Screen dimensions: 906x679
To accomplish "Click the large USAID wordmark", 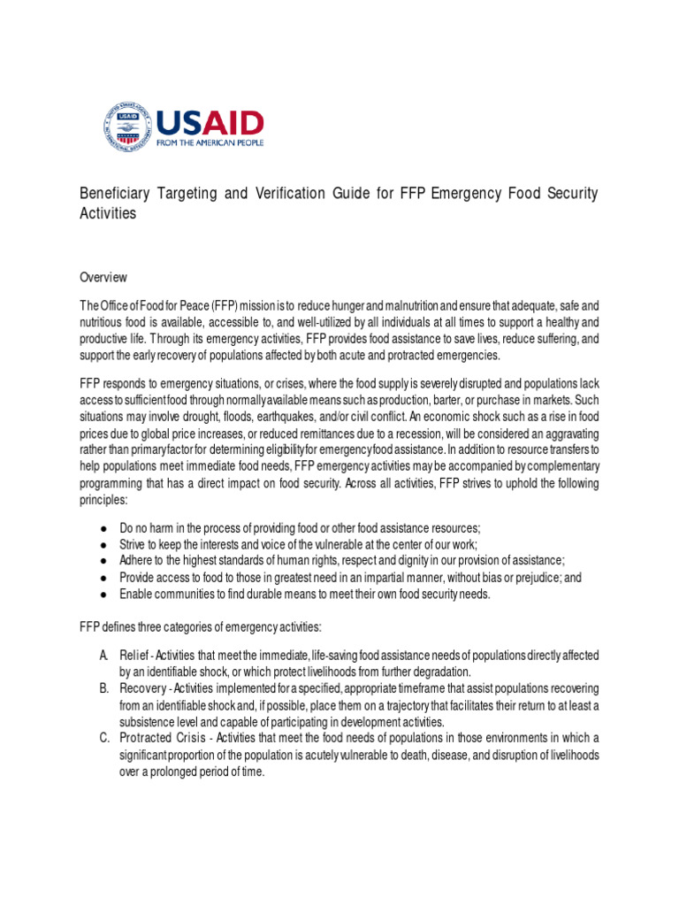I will coord(210,121).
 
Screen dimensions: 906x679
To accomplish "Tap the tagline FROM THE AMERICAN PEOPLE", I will coord(210,142).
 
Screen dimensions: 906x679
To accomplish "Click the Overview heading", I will coord(103,277).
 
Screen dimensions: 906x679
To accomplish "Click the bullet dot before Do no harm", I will coord(103,528).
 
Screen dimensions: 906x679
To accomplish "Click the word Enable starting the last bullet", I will coord(135,594).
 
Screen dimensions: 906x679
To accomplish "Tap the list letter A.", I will coord(103,655).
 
